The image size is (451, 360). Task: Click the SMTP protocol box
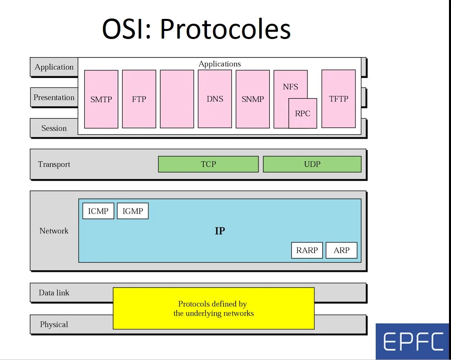(x=101, y=99)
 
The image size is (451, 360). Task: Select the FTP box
(x=139, y=99)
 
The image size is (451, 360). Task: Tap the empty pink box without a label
(x=177, y=99)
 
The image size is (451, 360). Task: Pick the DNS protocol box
(x=215, y=99)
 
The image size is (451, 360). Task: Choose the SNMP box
(x=252, y=99)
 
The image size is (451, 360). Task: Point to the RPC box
(x=302, y=113)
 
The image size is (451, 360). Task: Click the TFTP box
(x=338, y=99)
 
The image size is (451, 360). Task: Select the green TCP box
(x=208, y=164)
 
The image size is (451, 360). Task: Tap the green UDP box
(x=312, y=164)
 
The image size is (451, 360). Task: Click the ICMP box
(x=98, y=211)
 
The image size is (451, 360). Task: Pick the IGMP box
(x=132, y=211)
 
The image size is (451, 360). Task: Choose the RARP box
(x=307, y=250)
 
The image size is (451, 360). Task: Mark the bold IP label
(x=220, y=231)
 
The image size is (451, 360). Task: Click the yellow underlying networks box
(x=213, y=309)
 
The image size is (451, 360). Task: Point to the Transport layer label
(x=54, y=164)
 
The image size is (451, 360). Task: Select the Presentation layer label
(x=54, y=97)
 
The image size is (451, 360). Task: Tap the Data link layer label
(x=54, y=292)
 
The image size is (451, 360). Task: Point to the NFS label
(x=290, y=87)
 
